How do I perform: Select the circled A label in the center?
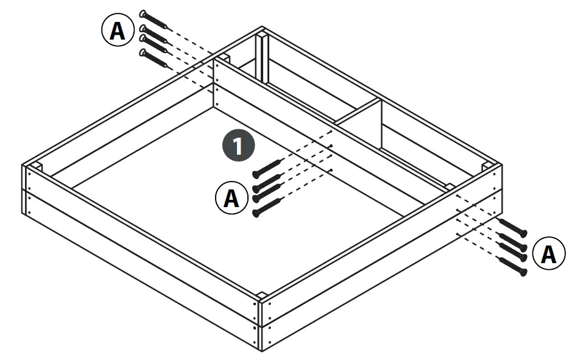[231, 199]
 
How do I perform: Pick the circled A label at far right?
[548, 255]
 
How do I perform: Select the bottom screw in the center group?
[267, 208]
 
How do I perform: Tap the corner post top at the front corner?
[261, 297]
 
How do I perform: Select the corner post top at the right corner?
[487, 166]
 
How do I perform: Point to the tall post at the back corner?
[262, 58]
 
